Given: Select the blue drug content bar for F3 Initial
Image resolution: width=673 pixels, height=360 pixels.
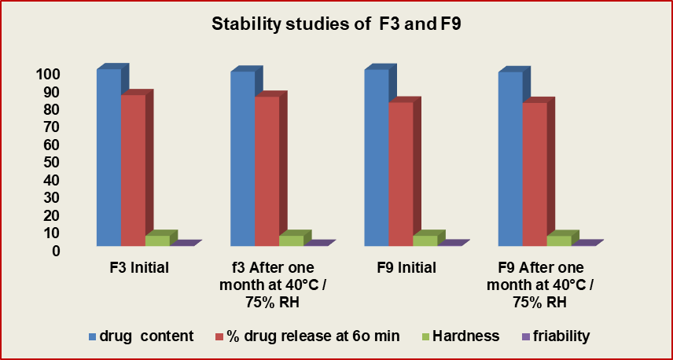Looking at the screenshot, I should (108, 157).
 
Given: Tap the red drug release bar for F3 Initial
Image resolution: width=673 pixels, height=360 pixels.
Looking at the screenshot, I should (133, 169).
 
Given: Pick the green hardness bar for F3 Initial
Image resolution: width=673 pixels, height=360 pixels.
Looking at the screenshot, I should (157, 241).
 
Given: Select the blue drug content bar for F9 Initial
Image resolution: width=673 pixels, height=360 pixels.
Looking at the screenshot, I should (376, 157).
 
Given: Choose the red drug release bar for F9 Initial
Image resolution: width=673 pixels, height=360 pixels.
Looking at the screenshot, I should (400, 173).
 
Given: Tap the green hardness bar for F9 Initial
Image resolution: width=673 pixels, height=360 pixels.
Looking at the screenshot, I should (425, 241).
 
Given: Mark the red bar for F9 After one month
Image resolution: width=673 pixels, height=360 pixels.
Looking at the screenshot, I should (535, 173).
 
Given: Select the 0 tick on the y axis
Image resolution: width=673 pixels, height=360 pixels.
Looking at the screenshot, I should (57, 251).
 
